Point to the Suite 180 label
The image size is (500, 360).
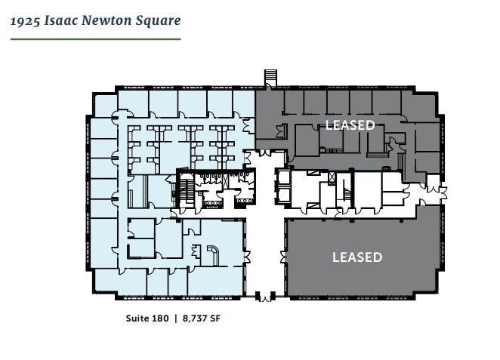[x=147, y=318]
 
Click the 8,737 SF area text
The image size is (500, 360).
[x=206, y=318]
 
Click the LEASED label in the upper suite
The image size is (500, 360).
[x=349, y=125]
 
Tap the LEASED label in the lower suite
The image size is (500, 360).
[x=357, y=257]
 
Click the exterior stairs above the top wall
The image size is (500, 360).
[x=270, y=78]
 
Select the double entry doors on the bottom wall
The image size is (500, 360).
[x=264, y=297]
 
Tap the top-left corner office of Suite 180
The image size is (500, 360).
[x=106, y=105]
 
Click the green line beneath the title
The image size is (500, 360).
[x=95, y=38]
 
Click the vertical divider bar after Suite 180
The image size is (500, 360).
[x=176, y=318]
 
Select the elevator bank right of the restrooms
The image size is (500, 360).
[x=282, y=187]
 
